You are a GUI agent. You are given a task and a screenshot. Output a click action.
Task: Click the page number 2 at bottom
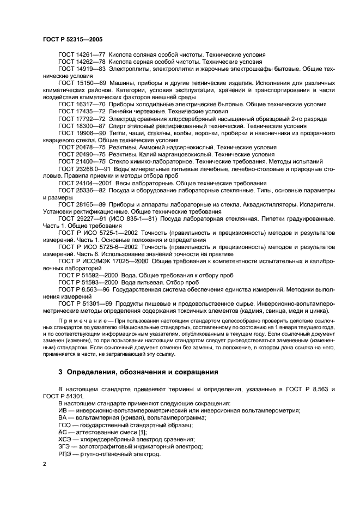[x=44, y=463]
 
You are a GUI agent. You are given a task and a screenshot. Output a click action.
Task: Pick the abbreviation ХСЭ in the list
[x=65, y=439]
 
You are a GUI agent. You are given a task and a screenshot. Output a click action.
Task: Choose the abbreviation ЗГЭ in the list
[x=64, y=446]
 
